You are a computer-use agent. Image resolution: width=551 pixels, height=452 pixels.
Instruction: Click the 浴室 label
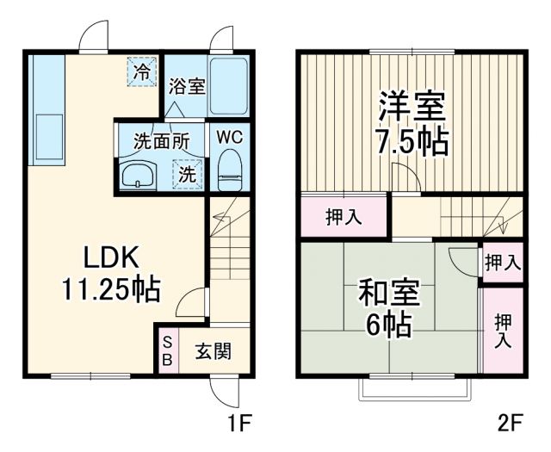(187, 87)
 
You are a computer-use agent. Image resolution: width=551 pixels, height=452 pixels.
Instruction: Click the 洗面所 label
(160, 140)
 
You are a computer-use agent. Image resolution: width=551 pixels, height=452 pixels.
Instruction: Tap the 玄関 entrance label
(210, 351)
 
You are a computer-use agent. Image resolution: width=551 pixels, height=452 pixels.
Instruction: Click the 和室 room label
(388, 293)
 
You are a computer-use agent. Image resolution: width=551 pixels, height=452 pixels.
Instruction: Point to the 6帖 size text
(388, 325)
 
